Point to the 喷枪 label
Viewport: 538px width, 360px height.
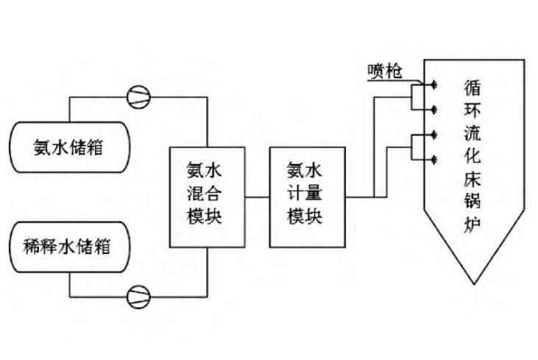tap(383, 71)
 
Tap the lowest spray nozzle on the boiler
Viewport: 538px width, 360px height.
tap(433, 160)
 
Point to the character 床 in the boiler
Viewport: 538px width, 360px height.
tap(473, 178)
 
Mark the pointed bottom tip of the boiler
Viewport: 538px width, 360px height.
tap(473, 283)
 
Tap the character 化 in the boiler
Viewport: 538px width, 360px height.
tap(473, 155)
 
